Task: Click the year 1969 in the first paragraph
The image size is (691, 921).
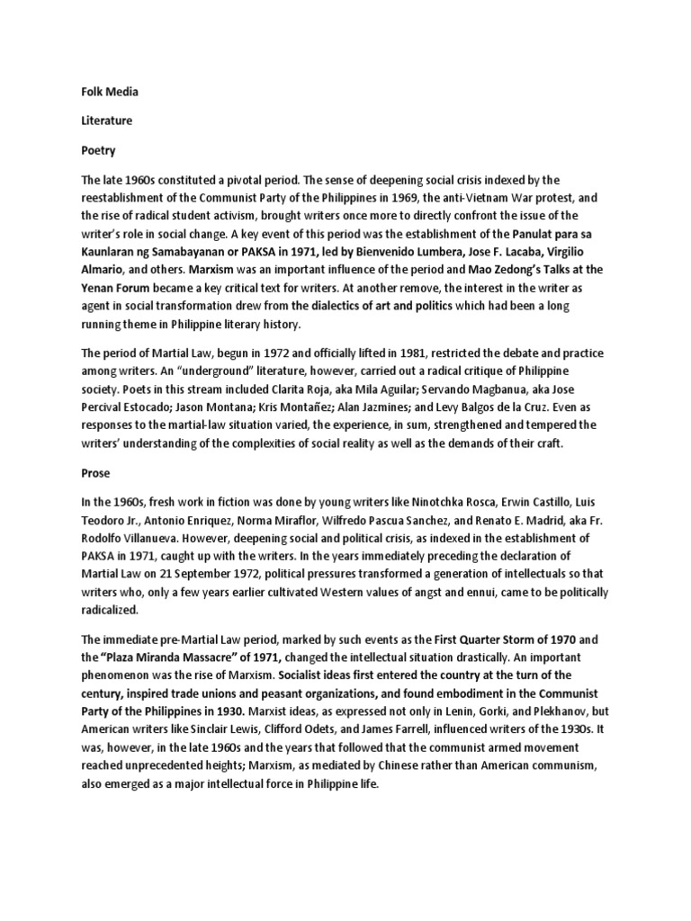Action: [x=404, y=198]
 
